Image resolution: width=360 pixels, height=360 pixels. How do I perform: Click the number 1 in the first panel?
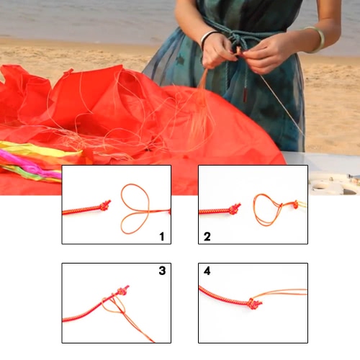click(162, 236)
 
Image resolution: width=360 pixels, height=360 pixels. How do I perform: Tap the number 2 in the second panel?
click(207, 236)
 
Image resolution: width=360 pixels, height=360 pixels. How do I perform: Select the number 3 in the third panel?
click(162, 271)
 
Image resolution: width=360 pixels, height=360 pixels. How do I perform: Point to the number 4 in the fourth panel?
click(207, 271)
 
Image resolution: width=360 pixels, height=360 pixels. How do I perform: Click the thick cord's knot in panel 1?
click(105, 206)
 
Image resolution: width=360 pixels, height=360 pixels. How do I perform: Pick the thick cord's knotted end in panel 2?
click(235, 209)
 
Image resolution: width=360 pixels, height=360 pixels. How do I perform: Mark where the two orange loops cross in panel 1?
click(148, 212)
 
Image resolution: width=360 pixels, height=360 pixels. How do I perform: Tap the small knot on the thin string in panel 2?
click(296, 204)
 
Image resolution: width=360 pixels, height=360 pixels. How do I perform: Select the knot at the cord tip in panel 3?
click(122, 290)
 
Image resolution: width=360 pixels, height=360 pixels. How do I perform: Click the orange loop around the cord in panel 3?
click(113, 304)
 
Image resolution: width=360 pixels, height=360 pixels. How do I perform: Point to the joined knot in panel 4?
click(254, 304)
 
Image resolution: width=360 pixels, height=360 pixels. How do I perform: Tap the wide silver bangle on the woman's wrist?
click(315, 40)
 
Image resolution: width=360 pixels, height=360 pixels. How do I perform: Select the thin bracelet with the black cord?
click(207, 38)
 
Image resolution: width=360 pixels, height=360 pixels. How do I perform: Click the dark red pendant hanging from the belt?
click(246, 95)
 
